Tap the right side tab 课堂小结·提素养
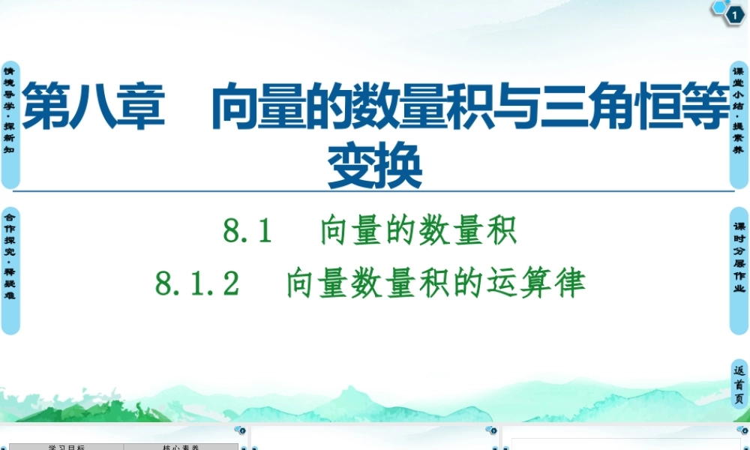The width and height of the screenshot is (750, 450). [x=739, y=124]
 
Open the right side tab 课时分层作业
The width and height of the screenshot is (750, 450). [x=739, y=270]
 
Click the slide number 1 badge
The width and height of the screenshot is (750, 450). [x=733, y=13]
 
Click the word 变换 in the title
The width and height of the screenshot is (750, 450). [x=375, y=168]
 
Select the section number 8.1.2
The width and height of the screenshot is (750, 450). [x=197, y=284]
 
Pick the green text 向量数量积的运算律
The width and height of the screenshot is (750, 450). [x=435, y=284]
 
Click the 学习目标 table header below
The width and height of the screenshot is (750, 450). [x=67, y=447]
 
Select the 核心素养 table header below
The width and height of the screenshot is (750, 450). [x=181, y=447]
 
